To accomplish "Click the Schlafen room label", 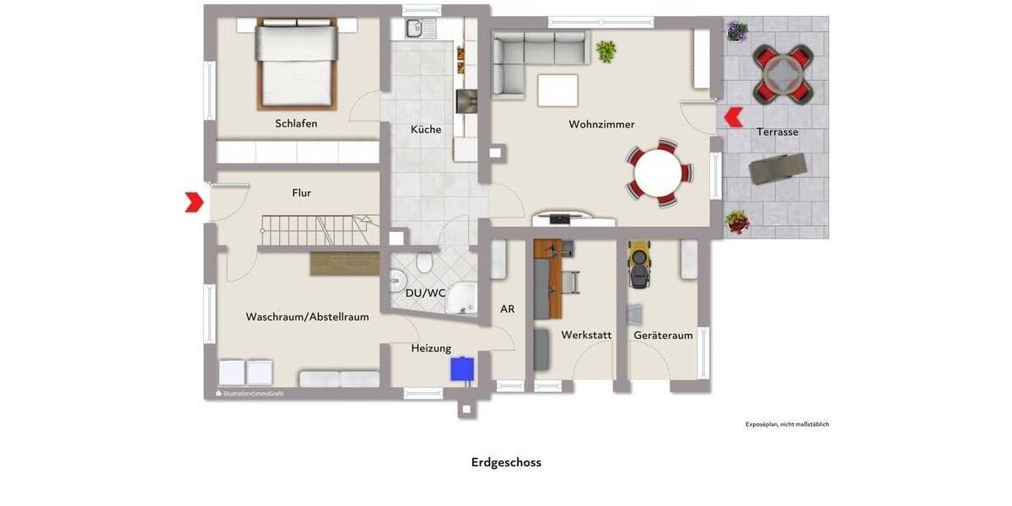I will pos(296,123).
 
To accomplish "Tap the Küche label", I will pos(426,129).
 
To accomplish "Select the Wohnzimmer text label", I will pos(601,124).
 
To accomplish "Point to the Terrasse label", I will pos(777,132).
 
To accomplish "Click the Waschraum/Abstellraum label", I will pos(307,317).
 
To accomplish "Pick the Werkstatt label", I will pos(586,335).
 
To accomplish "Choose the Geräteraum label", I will pos(664,335).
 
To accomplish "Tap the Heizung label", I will pos(431,348).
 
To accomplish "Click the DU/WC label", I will pos(425,293).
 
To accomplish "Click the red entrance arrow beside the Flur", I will pos(194,202).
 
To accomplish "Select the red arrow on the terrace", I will pos(733,116).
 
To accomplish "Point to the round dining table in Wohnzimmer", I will pos(659,174).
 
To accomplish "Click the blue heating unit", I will pos(461,369).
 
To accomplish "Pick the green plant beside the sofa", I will pos(606,51).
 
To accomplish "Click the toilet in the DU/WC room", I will pos(425,264).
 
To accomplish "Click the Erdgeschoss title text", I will pos(506,462).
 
